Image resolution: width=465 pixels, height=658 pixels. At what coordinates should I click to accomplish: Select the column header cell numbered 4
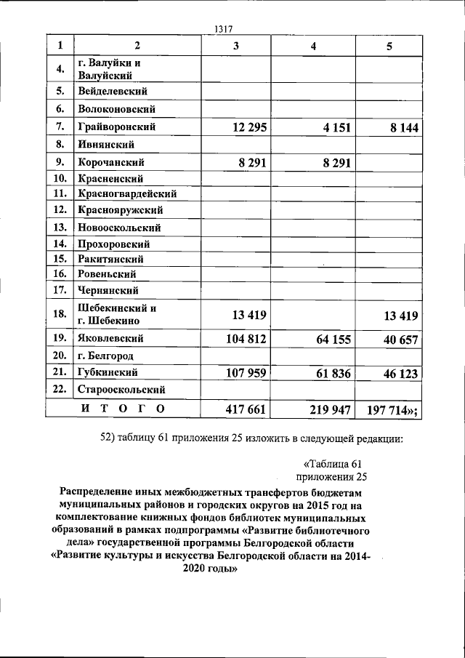[x=313, y=46]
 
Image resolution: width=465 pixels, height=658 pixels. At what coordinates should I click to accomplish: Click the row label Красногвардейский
[x=127, y=194]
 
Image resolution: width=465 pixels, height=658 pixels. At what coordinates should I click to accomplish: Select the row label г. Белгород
[x=108, y=356]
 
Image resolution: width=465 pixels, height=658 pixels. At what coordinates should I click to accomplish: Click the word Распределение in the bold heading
[x=102, y=492]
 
